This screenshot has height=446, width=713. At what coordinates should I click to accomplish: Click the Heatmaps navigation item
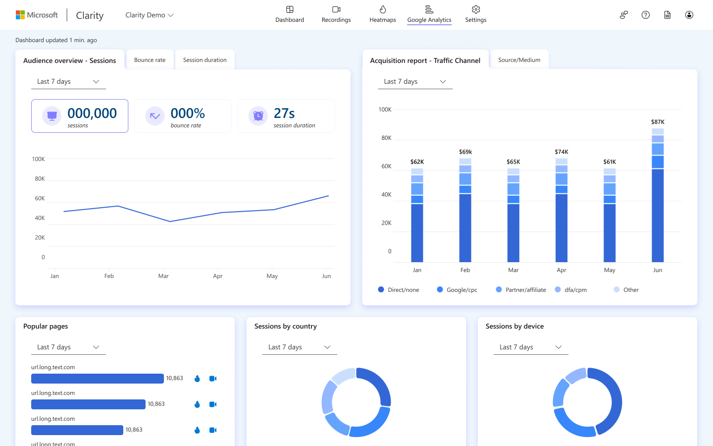coord(382,14)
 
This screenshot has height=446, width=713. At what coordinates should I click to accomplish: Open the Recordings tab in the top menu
coord(336,14)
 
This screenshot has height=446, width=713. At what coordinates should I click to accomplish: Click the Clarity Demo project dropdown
coord(149,15)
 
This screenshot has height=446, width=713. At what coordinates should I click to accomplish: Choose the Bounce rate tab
coord(150,60)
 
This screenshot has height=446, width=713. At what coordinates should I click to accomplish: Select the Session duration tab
coord(204,60)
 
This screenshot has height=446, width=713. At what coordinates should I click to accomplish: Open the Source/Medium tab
coord(519,60)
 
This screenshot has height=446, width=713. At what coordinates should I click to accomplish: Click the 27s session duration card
coord(286,116)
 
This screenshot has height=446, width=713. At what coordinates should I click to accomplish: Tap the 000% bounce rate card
coord(183,116)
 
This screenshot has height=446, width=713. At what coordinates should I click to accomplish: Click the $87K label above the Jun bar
coord(658,122)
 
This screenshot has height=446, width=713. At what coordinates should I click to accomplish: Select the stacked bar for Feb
coord(465,210)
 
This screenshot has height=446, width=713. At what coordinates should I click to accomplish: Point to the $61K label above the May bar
coord(610,162)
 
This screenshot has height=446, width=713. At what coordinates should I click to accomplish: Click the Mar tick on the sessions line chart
coord(163,276)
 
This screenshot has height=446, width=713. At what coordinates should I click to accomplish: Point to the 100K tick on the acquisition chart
coord(385,110)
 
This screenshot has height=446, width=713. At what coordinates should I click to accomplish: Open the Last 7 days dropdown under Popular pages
coord(68,347)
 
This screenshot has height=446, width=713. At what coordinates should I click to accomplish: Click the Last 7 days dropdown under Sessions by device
coord(531,347)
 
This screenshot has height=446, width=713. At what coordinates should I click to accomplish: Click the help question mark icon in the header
coord(645,15)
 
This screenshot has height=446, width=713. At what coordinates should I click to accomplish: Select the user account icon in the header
coord(689,15)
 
